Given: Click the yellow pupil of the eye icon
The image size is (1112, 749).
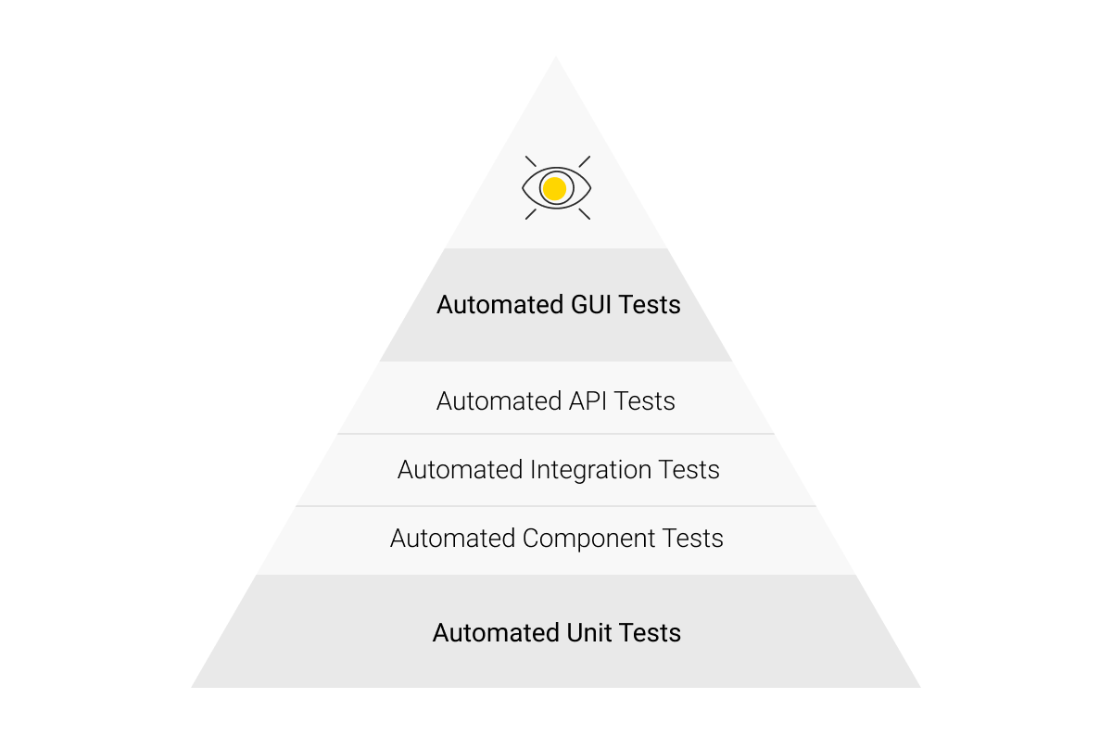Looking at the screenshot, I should click(x=554, y=189).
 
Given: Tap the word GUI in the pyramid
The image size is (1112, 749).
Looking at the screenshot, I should click(x=591, y=305).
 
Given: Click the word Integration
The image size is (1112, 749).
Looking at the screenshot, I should click(x=591, y=470).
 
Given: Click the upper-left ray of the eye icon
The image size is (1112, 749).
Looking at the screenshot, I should click(x=531, y=161).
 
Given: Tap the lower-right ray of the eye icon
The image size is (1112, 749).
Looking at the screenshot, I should click(x=584, y=214).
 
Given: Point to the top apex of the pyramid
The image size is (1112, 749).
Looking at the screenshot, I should click(x=556, y=59).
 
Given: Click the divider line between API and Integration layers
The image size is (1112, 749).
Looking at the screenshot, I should click(x=556, y=434).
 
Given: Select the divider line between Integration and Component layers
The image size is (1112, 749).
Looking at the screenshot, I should click(x=556, y=506).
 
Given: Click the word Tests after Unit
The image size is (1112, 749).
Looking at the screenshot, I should click(x=651, y=633).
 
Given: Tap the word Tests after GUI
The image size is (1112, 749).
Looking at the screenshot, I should click(x=651, y=305).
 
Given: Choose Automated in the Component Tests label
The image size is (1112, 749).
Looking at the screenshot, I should click(x=452, y=539).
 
